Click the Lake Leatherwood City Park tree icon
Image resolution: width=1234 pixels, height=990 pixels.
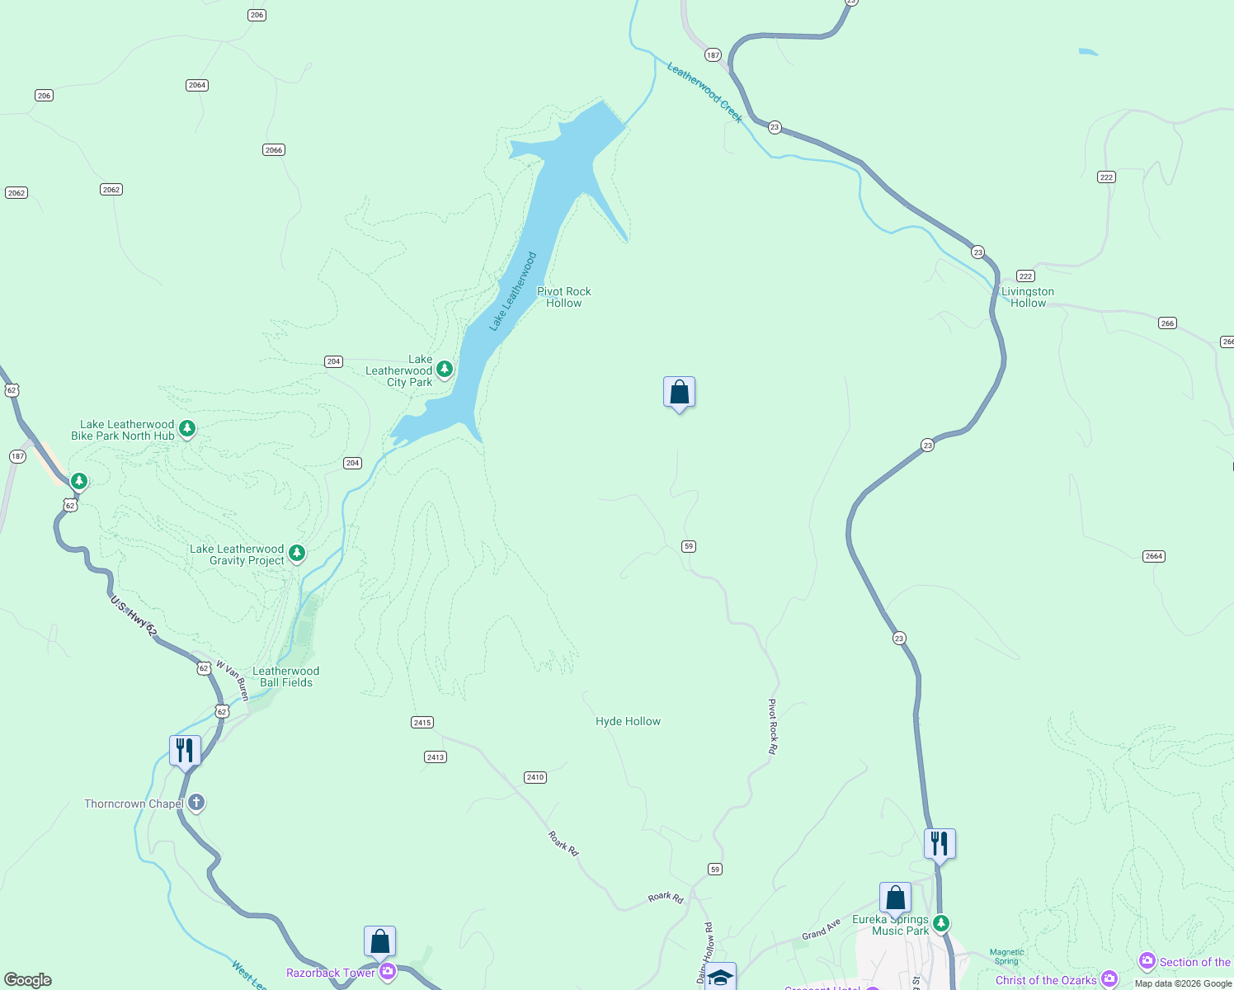445,369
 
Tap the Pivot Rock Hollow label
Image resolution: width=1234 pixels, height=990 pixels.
564,297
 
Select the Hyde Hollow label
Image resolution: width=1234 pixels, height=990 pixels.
628,721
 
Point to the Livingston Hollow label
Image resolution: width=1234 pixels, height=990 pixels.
1028,297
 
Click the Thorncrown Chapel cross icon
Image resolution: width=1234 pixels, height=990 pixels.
195,803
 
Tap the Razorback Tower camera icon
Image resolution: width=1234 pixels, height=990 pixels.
388,973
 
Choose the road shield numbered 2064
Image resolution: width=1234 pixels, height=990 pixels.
196,85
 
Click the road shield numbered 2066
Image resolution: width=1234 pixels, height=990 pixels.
274,149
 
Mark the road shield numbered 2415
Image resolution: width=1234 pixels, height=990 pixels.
422,722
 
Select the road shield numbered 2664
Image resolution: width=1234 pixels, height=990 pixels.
1153,556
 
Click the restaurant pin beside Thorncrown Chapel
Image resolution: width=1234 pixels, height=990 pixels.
185,751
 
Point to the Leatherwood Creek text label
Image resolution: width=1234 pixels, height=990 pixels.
704,93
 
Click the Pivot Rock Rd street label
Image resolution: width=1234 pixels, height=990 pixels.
773,726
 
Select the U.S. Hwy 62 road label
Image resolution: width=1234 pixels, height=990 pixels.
134,615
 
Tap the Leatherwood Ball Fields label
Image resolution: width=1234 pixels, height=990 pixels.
285,676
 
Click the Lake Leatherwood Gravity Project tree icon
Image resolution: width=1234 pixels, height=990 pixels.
297,553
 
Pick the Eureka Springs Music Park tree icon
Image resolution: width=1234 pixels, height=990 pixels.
940,922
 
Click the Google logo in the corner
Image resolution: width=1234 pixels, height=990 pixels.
28,979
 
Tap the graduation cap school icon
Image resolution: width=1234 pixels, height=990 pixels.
720,977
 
